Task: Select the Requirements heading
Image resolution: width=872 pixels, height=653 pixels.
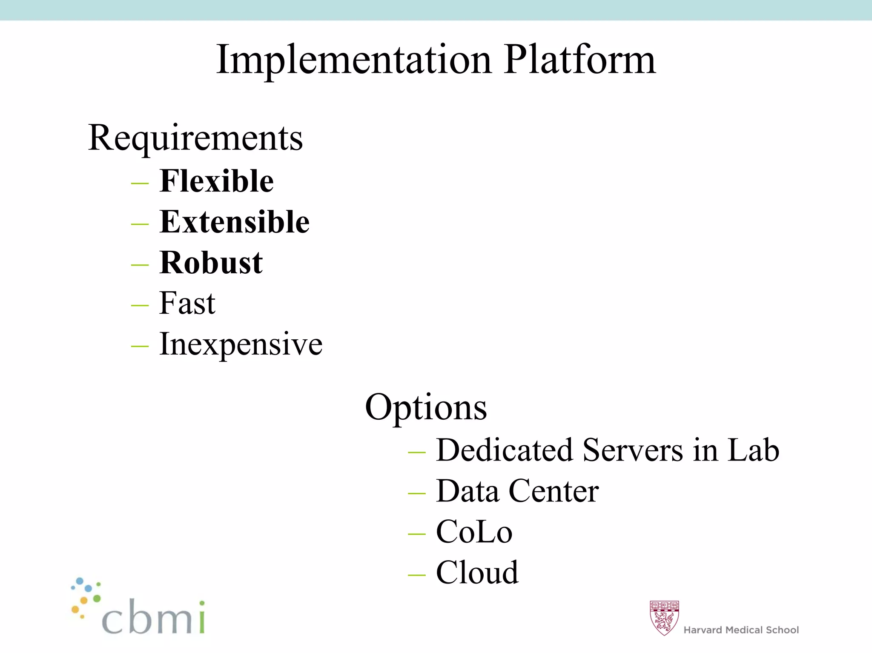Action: coord(195,138)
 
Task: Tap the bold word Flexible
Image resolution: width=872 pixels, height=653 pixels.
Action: coord(216,181)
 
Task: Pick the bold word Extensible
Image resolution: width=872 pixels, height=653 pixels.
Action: coord(234,222)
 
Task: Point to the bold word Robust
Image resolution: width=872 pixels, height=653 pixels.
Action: coord(211,263)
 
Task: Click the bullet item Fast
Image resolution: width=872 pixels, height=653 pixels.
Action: coord(187,303)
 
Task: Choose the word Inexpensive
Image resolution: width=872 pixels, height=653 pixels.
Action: coord(241,344)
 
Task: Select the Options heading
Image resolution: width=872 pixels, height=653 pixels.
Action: coord(426,407)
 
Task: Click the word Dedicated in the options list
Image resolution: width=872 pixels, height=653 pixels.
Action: coord(505,450)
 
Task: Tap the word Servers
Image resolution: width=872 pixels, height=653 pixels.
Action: coord(633,450)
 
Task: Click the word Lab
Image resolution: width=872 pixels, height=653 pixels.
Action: coord(753,450)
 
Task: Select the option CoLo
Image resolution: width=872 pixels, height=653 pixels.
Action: coord(474,532)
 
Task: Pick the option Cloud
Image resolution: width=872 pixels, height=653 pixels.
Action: coord(477,573)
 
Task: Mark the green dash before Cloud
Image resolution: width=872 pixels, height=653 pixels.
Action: coord(416,575)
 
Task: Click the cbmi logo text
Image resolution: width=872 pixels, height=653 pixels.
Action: coord(153,617)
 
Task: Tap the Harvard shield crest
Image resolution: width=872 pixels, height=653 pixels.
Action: coord(664,618)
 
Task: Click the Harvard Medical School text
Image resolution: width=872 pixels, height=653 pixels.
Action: coord(741,630)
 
